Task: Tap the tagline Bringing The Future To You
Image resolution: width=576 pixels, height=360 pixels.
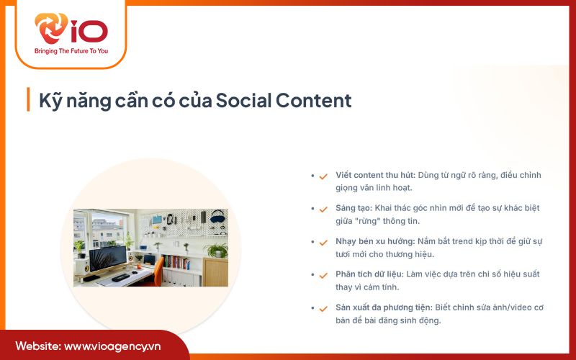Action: [x=71, y=51]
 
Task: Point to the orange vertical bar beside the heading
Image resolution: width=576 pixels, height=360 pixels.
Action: [x=28, y=99]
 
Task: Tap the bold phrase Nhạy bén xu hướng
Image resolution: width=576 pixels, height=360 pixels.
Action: [x=375, y=241]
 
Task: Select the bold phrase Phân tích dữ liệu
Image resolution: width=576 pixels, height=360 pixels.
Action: [x=372, y=274]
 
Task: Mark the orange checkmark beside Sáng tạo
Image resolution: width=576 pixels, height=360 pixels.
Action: [x=323, y=209]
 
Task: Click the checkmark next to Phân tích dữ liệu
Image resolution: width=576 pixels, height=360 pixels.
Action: [x=323, y=275]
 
